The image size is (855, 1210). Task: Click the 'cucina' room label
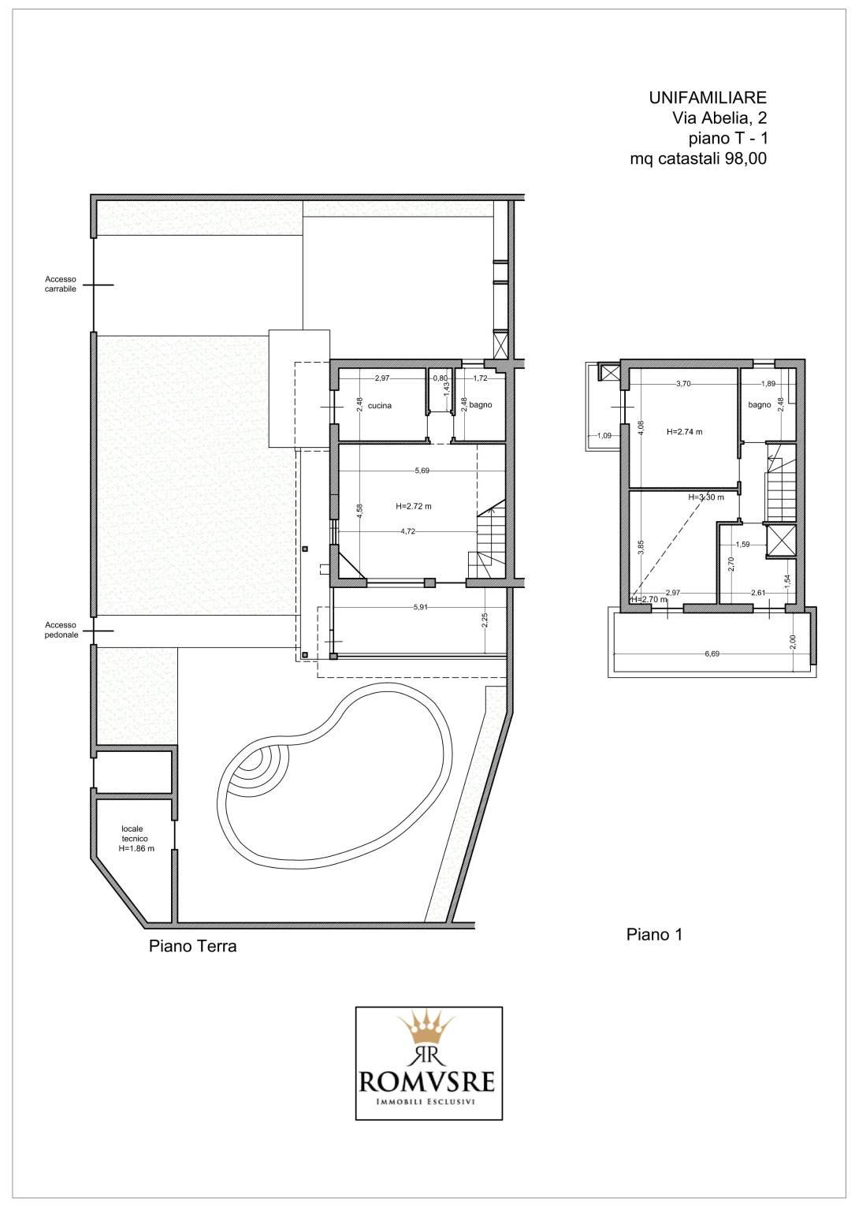[x=379, y=406]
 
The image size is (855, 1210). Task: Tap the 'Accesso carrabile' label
[x=61, y=284]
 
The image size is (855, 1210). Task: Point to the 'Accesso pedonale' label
[x=61, y=630]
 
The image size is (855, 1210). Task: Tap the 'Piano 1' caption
[x=654, y=935]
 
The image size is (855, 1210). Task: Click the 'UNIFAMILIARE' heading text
[x=708, y=98]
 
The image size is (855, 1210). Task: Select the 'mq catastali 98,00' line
[x=698, y=158]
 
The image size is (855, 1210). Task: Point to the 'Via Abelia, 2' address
[x=719, y=117]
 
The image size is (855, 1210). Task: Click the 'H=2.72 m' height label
[x=414, y=507]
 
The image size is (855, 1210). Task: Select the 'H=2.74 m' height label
[x=685, y=432]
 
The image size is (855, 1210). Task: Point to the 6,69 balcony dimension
[x=712, y=653]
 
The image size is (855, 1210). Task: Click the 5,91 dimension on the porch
[x=420, y=607]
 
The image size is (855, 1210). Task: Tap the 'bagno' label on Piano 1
[x=760, y=404]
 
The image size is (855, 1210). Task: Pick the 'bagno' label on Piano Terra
[x=481, y=404]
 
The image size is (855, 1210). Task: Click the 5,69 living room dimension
[x=422, y=471]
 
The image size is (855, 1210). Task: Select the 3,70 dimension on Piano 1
[x=684, y=384]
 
